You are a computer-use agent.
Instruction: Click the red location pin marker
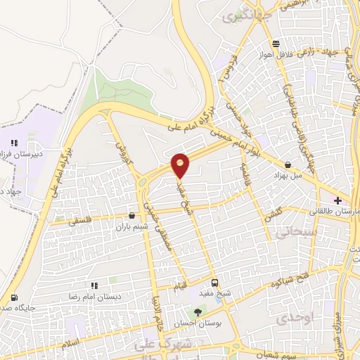[181, 165]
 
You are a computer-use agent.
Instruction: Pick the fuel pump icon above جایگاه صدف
[15, 297]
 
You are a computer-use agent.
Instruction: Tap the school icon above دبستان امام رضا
[94, 285]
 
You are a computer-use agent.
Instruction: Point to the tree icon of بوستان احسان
[198, 312]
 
